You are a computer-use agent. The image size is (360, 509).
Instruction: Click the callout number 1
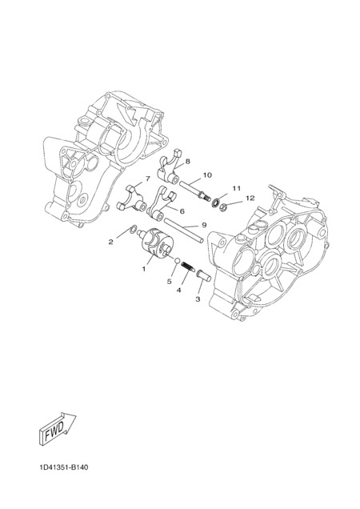pos(144,269)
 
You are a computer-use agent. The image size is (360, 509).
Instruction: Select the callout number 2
pos(110,242)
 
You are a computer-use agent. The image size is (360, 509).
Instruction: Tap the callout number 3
pos(198,299)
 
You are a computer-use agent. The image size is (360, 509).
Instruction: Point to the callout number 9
pos(204,225)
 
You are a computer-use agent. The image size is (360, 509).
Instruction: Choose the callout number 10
pos(207,175)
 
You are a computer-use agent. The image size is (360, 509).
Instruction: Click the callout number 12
pos(250,198)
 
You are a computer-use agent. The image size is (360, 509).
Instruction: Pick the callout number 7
pos(148,178)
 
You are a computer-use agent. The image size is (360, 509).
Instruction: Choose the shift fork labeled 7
pos(133,198)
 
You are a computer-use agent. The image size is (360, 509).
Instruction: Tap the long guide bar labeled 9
pos(184,230)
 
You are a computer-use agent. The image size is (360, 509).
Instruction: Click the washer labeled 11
pos(214,203)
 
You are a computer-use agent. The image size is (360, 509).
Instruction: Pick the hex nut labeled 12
pos(223,206)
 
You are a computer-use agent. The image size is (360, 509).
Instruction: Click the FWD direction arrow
pos(58,429)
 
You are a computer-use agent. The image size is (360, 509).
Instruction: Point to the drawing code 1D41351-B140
pos(64,467)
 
